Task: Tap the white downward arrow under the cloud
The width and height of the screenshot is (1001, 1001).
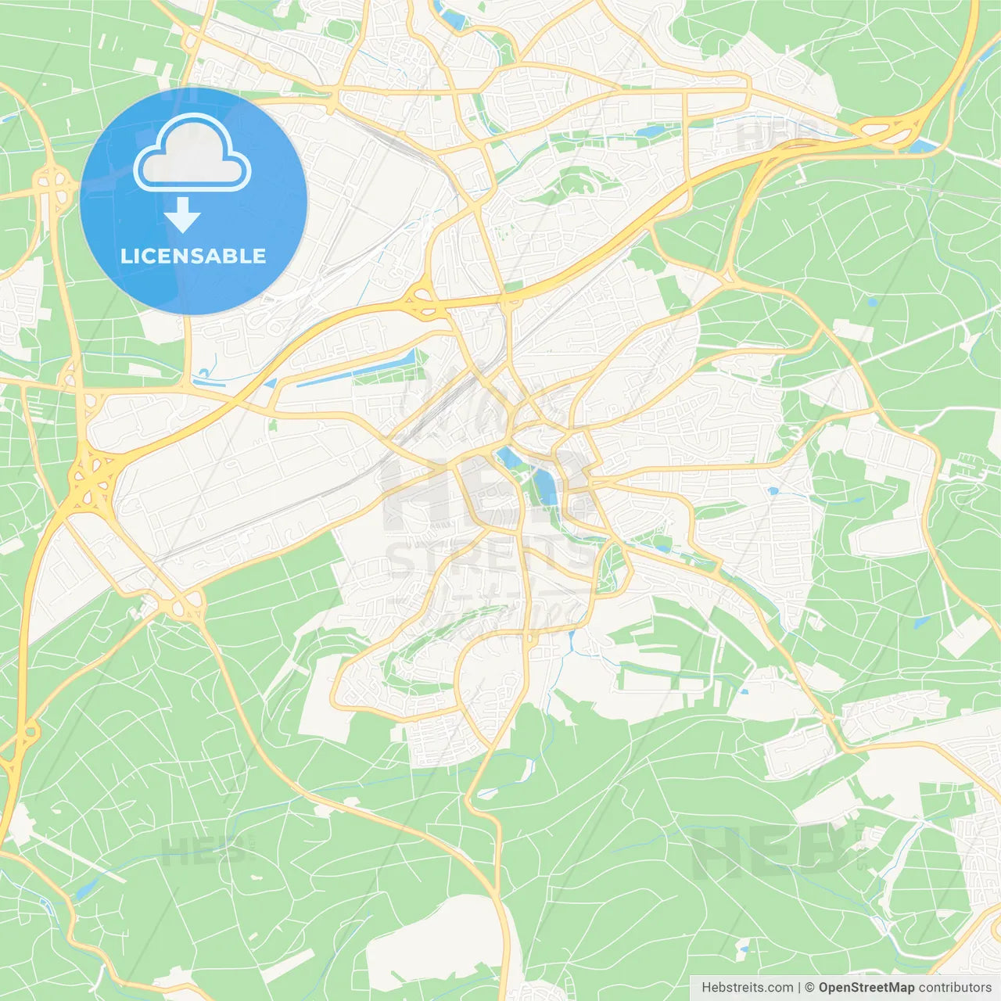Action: click(x=182, y=215)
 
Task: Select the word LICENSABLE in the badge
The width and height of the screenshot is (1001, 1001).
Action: click(x=193, y=256)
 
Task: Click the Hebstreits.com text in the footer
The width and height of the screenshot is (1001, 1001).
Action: click(x=747, y=988)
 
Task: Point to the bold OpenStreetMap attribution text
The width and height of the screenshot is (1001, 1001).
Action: click(x=866, y=988)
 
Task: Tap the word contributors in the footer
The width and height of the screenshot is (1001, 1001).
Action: click(x=955, y=988)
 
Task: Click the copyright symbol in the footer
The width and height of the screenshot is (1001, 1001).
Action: click(x=809, y=988)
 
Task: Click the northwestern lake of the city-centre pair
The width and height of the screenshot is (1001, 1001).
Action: click(x=508, y=459)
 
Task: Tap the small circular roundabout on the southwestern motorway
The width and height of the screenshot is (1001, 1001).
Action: click(x=30, y=733)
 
